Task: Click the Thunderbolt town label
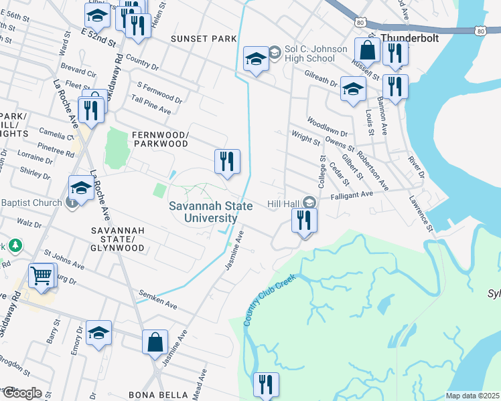(x=410, y=38)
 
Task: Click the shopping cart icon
(x=42, y=275)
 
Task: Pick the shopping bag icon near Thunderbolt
(x=367, y=49)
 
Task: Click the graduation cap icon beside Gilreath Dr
(x=353, y=89)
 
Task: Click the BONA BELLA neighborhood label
(x=159, y=394)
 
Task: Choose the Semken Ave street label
(x=157, y=299)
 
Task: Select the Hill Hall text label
(x=283, y=202)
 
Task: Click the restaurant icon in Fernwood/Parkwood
(x=227, y=162)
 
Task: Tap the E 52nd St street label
(x=98, y=37)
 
